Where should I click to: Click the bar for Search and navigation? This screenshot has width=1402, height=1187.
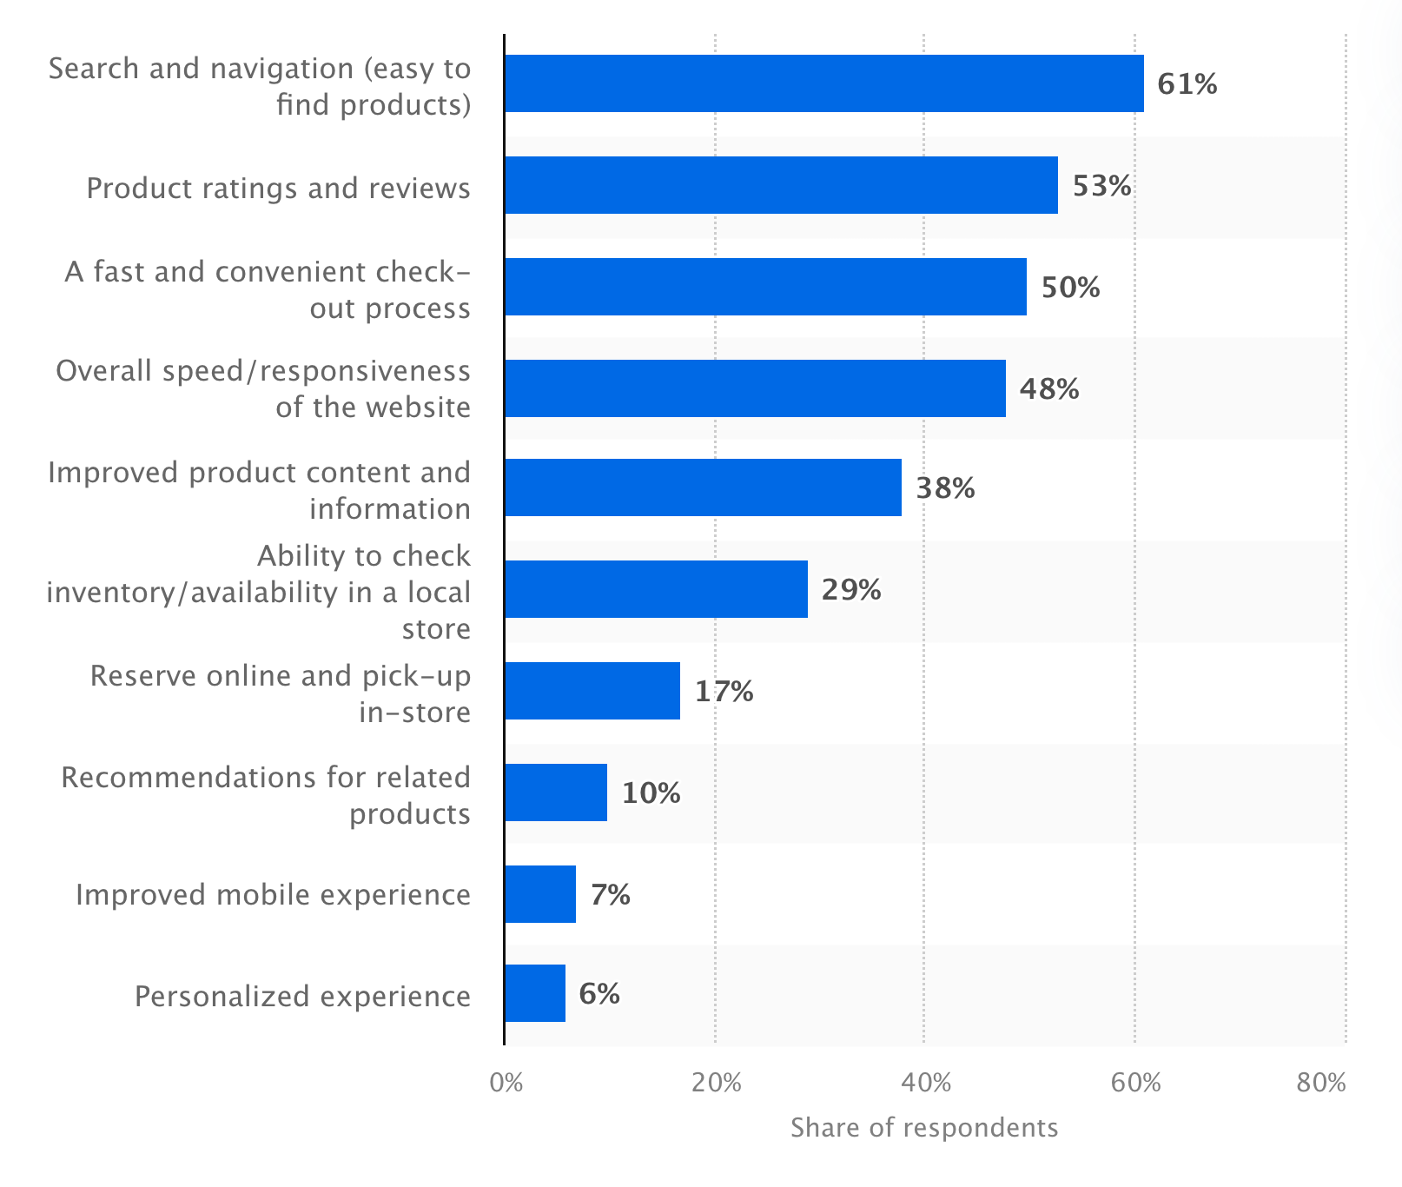point(823,83)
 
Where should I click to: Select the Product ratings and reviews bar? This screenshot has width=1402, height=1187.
point(781,185)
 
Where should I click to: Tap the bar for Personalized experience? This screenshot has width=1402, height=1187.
point(534,993)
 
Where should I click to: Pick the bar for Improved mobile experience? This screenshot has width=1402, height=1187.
point(539,894)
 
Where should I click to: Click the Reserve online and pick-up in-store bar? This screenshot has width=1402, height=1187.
point(592,691)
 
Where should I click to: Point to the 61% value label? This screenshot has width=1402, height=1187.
point(1187,84)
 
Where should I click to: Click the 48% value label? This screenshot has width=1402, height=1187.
point(1048,388)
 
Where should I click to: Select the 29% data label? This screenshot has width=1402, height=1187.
point(850,590)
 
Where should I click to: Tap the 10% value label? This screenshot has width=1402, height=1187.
point(651,792)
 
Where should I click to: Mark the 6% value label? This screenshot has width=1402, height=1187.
point(598,993)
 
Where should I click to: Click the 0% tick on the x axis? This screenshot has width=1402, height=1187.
point(506,1083)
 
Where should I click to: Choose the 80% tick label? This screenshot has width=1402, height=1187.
point(1320,1083)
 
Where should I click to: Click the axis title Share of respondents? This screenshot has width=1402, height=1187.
point(924,1128)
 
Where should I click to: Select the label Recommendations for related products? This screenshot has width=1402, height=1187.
point(266,795)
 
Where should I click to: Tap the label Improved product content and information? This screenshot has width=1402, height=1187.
point(260,490)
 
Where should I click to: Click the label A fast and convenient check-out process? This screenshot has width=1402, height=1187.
point(268,289)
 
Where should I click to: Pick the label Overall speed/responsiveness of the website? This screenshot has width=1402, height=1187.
point(263,388)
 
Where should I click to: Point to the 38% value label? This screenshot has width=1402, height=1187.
point(945,488)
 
